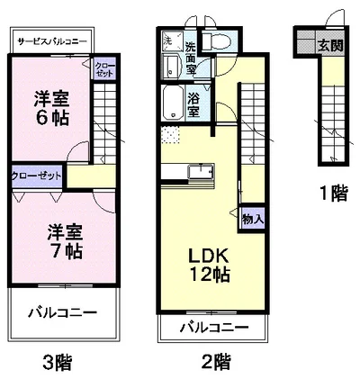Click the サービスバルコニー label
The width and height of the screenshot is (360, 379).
click(x=51, y=41)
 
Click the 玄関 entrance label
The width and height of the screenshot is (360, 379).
click(x=329, y=45)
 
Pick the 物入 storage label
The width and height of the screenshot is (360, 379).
click(x=252, y=217)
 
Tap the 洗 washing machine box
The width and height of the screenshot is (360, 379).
click(x=168, y=42)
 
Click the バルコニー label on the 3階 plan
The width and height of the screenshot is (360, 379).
click(x=61, y=313)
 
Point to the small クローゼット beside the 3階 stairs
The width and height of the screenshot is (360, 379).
click(x=104, y=69)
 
